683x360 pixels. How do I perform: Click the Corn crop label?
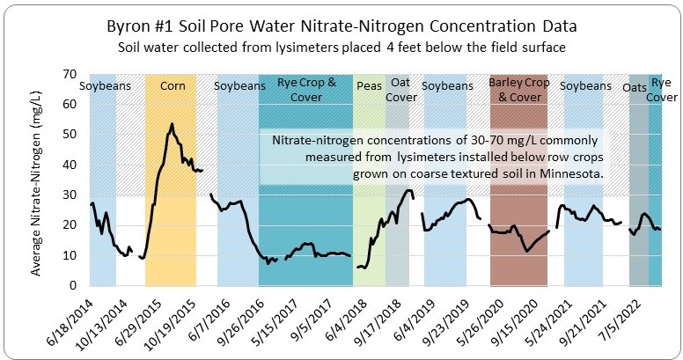(173, 86)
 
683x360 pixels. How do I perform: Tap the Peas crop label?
(370, 86)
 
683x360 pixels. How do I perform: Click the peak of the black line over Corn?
(172, 124)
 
